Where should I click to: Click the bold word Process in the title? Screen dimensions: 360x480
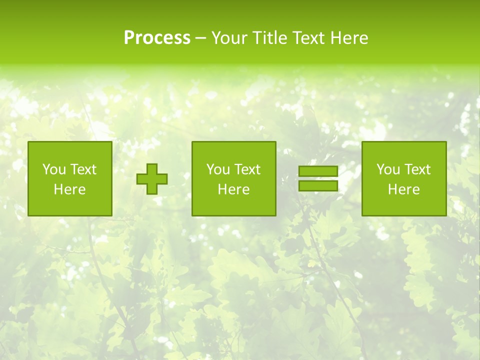coord(157,38)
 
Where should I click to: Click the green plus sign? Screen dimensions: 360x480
coord(152,179)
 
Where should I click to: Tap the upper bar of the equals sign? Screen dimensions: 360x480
coord(318,171)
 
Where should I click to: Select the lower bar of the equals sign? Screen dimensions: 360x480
coord(318,186)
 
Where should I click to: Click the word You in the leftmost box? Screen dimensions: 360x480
coord(53,169)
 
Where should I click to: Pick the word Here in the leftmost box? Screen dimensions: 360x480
coord(69,189)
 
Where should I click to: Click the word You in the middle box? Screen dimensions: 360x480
coord(217,169)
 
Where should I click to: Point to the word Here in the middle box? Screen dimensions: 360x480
coord(233,189)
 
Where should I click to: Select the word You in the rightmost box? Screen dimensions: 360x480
coord(387,169)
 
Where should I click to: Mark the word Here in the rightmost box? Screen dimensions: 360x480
coord(403,189)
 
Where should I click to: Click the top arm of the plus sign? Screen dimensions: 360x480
coord(152,168)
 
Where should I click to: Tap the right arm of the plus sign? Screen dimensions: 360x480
coord(162,179)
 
